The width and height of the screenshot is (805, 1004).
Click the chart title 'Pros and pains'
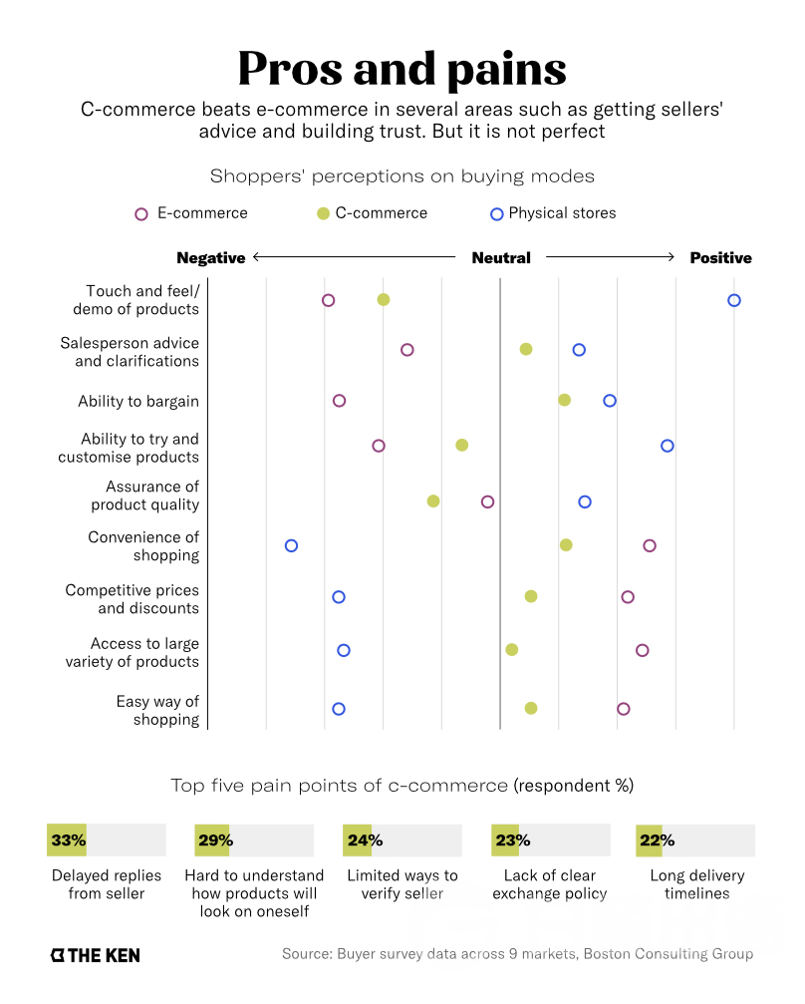(402, 68)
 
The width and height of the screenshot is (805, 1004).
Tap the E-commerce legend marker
(141, 213)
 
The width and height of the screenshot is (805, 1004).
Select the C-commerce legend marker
(322, 213)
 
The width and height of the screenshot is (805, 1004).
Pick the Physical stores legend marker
(497, 213)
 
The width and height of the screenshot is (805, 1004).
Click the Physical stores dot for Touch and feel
(734, 300)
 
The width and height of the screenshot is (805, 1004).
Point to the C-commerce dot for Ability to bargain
(564, 400)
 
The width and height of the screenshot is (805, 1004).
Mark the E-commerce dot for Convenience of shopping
(650, 545)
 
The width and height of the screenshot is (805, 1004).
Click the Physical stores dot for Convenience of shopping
(291, 545)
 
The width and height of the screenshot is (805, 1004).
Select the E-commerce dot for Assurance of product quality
(487, 501)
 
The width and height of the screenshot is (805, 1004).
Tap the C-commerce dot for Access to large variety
(512, 649)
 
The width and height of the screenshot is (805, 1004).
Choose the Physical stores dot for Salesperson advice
(579, 349)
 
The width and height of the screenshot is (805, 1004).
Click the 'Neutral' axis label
(501, 257)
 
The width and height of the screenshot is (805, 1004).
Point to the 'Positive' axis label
(720, 257)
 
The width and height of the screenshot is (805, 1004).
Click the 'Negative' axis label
(210, 257)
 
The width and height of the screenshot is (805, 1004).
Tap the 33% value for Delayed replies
(68, 840)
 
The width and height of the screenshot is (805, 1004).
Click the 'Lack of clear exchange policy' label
(549, 884)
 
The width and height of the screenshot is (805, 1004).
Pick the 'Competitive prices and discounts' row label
(133, 599)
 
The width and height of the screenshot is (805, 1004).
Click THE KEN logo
(95, 955)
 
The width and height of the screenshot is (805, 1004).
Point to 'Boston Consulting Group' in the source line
(668, 954)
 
